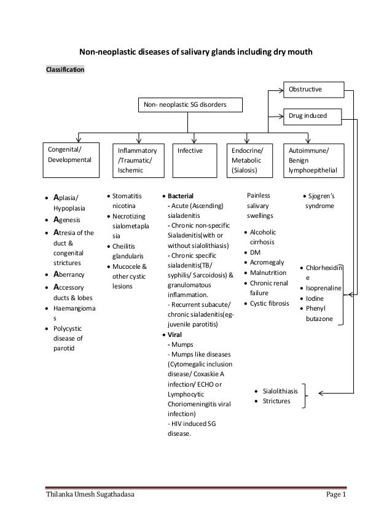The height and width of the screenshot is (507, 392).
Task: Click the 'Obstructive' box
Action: point(313,90)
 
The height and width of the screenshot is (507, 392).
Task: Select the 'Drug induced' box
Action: point(313,115)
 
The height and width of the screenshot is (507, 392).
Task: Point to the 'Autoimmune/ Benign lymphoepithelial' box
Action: point(316,160)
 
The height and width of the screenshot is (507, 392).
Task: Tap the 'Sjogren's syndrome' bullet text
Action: point(322,201)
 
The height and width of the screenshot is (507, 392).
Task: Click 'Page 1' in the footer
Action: point(337,495)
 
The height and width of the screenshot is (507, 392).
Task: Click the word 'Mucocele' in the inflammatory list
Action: point(127,266)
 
